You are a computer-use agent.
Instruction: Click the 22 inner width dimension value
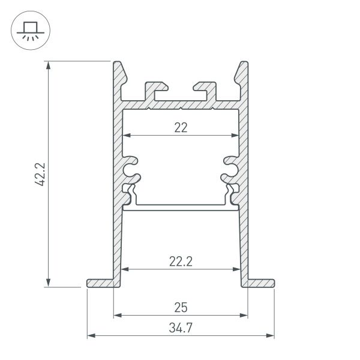(181, 127)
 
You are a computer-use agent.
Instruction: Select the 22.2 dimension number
(181, 260)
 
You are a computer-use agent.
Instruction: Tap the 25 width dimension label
(181, 307)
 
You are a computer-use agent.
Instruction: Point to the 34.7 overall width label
(181, 328)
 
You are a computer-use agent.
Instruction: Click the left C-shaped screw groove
(131, 168)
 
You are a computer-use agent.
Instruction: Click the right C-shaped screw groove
(230, 168)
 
